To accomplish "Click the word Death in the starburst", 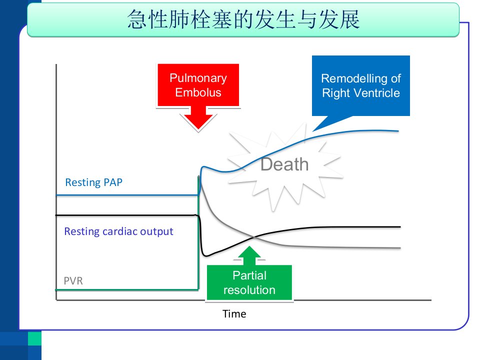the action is click(x=284, y=164).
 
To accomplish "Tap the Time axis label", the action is click(x=234, y=314).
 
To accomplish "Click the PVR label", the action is click(x=73, y=280).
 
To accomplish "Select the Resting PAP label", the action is click(x=93, y=182).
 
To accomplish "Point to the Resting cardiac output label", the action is click(x=118, y=231).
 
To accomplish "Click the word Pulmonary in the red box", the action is click(x=198, y=78).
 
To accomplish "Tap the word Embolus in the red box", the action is click(x=198, y=92).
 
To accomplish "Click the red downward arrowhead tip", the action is click(x=198, y=128).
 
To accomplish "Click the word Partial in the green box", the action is click(x=249, y=275).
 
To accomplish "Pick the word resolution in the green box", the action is click(x=249, y=290).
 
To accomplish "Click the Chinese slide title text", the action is click(x=243, y=19).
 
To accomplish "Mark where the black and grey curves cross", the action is click(x=254, y=236).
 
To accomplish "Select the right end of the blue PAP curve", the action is click(x=398, y=131).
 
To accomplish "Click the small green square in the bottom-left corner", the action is click(x=34, y=338).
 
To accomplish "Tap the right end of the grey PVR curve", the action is click(x=400, y=248).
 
